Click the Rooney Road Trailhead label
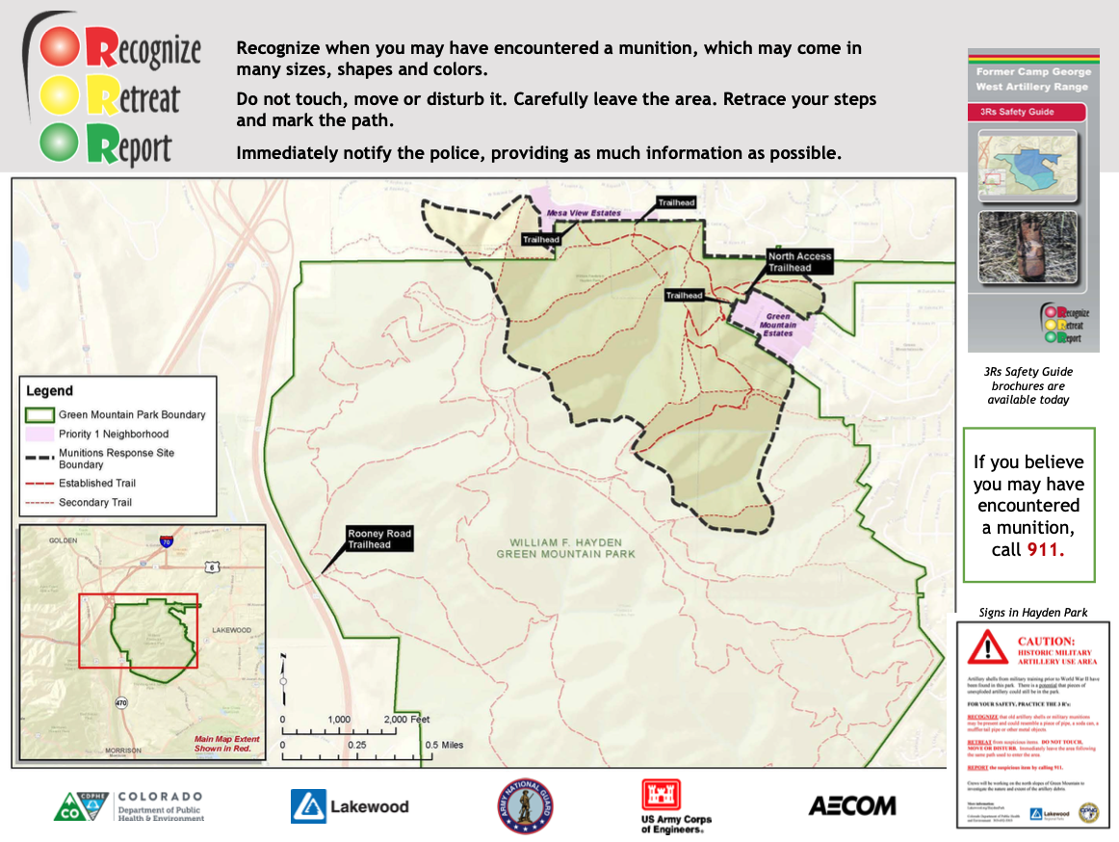[x=378, y=539]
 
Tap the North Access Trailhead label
[x=799, y=261]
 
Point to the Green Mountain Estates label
[x=778, y=325]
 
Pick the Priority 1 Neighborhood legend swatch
[x=39, y=434]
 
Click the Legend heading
[x=49, y=391]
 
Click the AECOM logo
[x=851, y=805]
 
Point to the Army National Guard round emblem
[x=525, y=806]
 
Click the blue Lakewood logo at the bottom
[x=350, y=806]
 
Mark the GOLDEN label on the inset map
[x=63, y=541]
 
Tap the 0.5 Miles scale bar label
[x=446, y=745]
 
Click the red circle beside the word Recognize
[x=60, y=45]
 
